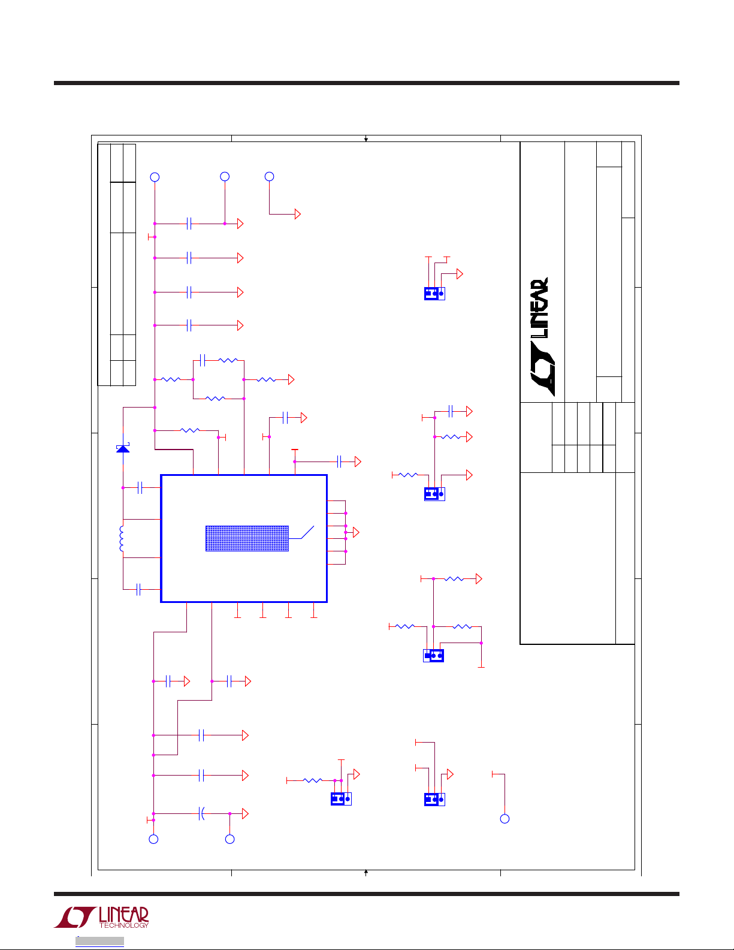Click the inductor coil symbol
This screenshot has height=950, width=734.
[x=122, y=539]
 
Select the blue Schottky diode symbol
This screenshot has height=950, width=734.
[x=123, y=448]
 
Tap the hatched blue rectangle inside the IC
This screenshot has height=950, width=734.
[x=247, y=538]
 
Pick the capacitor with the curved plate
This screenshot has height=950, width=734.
[x=202, y=813]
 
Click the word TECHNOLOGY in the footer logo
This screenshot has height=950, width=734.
[x=123, y=925]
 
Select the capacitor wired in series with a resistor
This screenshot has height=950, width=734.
[x=202, y=360]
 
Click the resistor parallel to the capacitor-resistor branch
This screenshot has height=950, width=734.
[x=215, y=398]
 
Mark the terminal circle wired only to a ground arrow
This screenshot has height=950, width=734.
[x=270, y=176]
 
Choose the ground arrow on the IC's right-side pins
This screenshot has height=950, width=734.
[x=356, y=532]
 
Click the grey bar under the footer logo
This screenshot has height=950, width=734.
[x=99, y=941]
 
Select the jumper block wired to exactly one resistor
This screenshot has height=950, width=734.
[x=341, y=798]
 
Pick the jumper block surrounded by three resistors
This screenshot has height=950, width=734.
[x=433, y=655]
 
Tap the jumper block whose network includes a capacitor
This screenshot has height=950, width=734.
[x=434, y=494]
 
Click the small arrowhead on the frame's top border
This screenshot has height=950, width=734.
[x=366, y=139]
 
